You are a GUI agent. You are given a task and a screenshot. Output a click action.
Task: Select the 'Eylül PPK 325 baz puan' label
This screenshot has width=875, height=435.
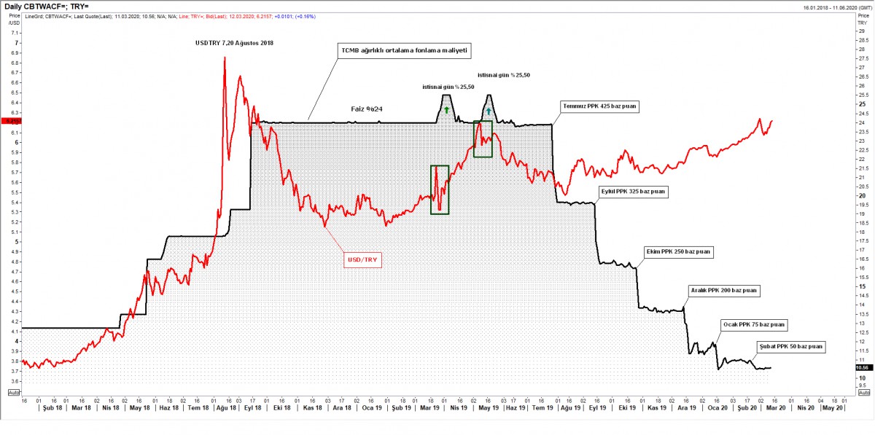click(630, 192)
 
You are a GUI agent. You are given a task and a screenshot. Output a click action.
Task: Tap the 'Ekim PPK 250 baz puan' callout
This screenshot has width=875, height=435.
click(678, 251)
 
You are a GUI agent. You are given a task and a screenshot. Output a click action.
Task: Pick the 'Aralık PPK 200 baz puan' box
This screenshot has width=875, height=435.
click(725, 290)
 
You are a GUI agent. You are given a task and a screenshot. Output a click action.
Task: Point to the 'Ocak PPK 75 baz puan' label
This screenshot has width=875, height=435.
click(754, 324)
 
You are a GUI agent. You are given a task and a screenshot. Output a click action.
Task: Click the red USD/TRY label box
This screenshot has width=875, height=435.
click(364, 258)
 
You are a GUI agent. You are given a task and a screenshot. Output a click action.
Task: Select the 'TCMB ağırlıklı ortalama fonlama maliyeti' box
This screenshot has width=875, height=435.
click(403, 51)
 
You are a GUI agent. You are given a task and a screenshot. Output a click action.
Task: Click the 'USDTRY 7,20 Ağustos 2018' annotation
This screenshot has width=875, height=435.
click(234, 43)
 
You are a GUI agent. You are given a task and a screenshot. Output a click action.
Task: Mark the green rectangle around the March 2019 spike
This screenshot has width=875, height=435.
click(440, 189)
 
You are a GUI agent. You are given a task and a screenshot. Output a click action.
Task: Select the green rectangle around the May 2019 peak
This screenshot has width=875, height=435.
click(483, 138)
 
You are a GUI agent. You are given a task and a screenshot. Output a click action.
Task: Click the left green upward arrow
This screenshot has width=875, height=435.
click(446, 109)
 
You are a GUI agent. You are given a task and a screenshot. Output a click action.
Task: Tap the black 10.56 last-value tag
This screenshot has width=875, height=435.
click(860, 369)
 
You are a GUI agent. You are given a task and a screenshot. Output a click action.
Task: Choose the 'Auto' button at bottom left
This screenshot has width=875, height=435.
click(14, 392)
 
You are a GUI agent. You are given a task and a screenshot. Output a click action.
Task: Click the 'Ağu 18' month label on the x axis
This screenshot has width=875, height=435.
click(227, 408)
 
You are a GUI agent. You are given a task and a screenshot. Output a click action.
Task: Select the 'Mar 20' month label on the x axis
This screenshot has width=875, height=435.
click(775, 408)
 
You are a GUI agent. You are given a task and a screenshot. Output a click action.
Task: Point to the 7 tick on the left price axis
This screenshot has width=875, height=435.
click(16, 43)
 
